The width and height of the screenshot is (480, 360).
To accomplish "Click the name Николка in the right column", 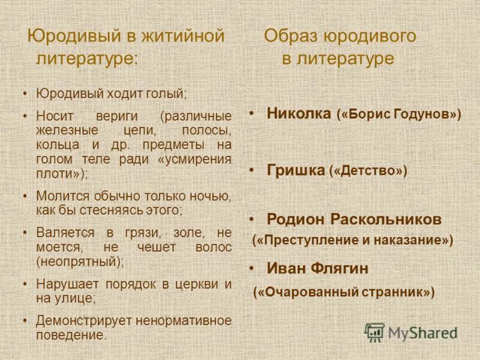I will pyautogui.click(x=299, y=113).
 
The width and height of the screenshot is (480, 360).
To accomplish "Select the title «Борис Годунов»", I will pyautogui.click(x=399, y=114).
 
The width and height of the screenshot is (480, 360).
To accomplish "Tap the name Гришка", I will pyautogui.click(x=295, y=170).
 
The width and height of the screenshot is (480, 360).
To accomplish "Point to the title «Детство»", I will pyautogui.click(x=368, y=171).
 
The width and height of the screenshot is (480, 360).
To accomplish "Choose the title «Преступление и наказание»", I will pyautogui.click(x=353, y=240).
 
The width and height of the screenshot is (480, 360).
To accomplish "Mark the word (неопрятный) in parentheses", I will pyautogui.click(x=80, y=261).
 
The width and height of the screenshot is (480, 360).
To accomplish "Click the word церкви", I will pyautogui.click(x=193, y=283).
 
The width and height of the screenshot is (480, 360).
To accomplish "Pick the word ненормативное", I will pyautogui.click(x=184, y=320).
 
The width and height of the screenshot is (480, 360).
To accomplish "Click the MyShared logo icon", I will pyautogui.click(x=374, y=332).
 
